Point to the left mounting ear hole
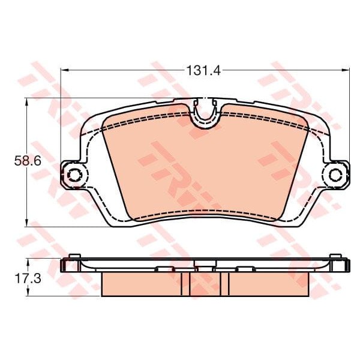point(75,175)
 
